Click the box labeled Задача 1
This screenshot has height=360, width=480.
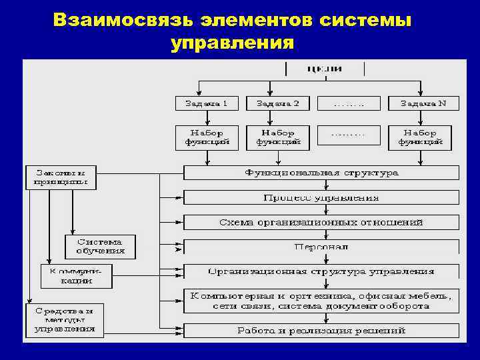(x=207, y=103)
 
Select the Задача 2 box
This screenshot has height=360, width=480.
(x=278, y=103)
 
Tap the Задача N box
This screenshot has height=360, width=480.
(x=421, y=103)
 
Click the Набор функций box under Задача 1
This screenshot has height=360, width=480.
(x=207, y=137)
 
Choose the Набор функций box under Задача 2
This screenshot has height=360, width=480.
(x=278, y=137)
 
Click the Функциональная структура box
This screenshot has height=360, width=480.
(x=321, y=173)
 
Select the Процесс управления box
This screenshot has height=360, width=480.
(x=321, y=197)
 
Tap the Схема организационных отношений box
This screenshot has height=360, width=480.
(x=321, y=222)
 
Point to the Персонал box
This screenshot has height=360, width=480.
(x=321, y=246)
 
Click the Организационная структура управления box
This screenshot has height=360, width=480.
(x=321, y=271)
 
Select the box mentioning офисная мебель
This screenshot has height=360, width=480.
(x=321, y=301)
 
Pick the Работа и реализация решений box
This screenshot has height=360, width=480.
(x=321, y=330)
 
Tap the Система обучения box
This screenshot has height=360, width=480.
(x=100, y=246)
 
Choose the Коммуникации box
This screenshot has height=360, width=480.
(x=77, y=276)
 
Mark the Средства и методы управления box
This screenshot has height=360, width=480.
(x=65, y=320)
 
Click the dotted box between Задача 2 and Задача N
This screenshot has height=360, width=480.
(x=349, y=103)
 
